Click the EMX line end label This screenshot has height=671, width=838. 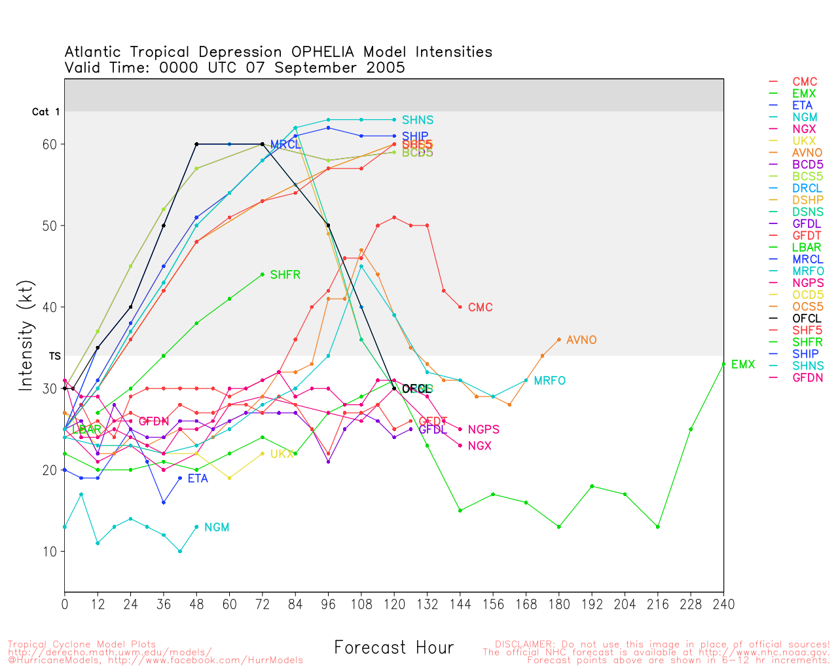743,364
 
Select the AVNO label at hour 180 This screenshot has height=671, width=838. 581,340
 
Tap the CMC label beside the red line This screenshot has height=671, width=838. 480,307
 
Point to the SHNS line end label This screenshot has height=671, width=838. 418,120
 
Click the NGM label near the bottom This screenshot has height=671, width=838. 217,527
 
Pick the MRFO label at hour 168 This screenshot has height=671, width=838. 549,381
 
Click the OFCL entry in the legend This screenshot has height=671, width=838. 807,319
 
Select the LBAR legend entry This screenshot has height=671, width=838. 807,248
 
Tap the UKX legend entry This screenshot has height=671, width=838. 804,141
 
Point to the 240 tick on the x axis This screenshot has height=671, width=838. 723,604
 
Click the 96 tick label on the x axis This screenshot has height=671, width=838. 328,604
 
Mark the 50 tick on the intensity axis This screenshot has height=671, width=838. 50,226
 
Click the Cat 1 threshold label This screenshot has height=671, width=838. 46,112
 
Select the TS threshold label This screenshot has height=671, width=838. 55,356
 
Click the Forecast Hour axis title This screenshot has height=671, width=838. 393,648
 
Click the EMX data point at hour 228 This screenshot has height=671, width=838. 691,429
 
